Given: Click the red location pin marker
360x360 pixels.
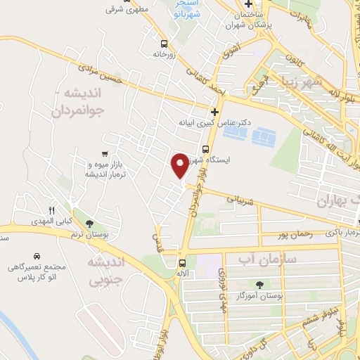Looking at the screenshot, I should tap(180, 165).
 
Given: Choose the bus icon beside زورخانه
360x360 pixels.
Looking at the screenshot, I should tap(163, 41).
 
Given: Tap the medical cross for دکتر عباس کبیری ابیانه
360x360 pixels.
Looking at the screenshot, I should tap(214, 111).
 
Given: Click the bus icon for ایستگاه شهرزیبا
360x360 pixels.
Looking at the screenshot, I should tap(205, 148).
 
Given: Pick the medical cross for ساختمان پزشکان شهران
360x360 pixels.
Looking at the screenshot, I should tap(248, 4).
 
